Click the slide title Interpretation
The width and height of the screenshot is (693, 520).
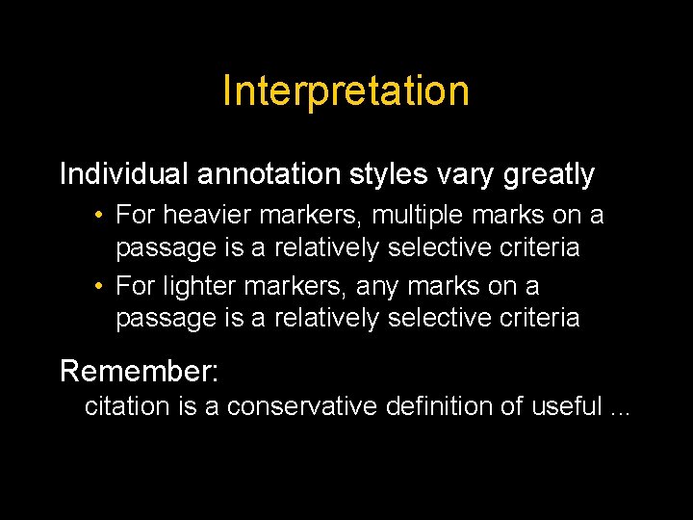tap(346, 91)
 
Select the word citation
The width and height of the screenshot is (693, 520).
tap(127, 406)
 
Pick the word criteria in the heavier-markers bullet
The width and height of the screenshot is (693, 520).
tap(538, 247)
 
